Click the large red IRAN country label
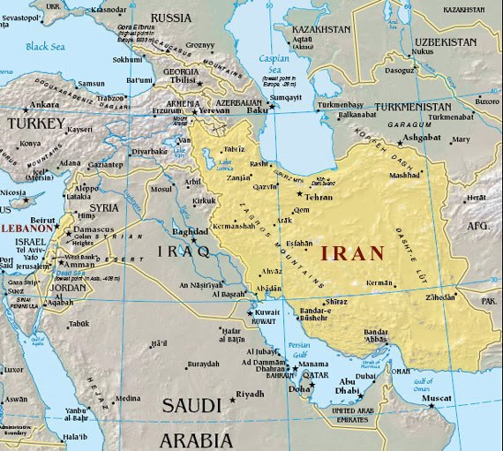tap(352, 253)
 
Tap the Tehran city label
tap(319, 197)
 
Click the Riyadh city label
tap(251, 395)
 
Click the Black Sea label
tap(43, 46)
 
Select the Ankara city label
tap(45, 104)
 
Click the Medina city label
tap(128, 398)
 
